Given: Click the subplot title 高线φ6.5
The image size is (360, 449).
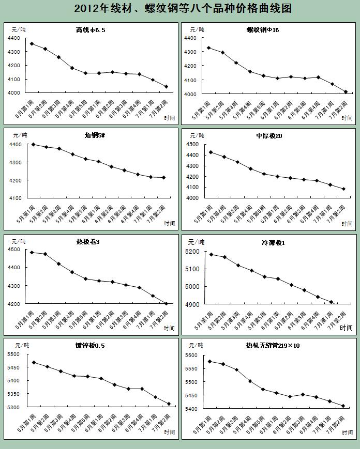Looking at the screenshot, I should pyautogui.click(x=91, y=30).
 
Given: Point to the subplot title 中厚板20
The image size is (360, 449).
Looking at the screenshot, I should pyautogui.click(x=268, y=135).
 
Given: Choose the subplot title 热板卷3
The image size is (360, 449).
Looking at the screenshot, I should pyautogui.click(x=87, y=242).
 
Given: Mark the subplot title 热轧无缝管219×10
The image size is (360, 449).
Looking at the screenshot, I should pyautogui.click(x=273, y=346).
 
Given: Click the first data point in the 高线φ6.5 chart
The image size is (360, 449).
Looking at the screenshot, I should pyautogui.click(x=32, y=43).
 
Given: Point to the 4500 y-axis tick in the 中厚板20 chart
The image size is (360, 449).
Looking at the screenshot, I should pyautogui.click(x=192, y=144).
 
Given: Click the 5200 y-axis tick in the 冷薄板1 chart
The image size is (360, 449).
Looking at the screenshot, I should pyautogui.click(x=192, y=252).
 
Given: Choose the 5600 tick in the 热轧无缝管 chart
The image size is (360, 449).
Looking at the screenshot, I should pyautogui.click(x=191, y=355).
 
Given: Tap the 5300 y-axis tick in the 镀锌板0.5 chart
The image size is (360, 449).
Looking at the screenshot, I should pyautogui.click(x=14, y=408).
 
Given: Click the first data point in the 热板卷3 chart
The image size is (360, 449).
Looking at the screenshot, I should pyautogui.click(x=32, y=252).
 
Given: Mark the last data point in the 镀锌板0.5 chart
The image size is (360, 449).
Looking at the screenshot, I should pyautogui.click(x=169, y=404).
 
